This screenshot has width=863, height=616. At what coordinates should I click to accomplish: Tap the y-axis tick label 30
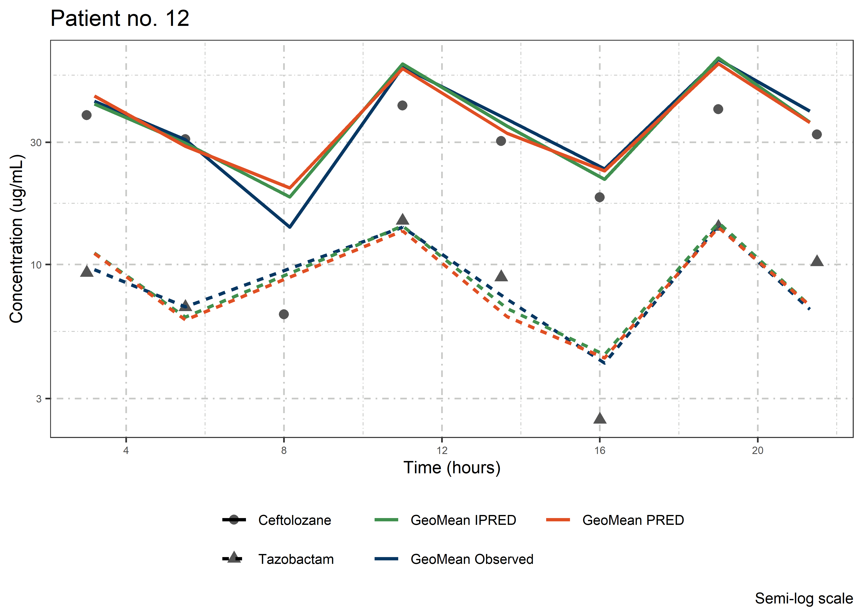36,143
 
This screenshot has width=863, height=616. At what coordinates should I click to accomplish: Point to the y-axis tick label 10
36,265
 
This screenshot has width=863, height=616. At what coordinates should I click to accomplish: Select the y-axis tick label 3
39,399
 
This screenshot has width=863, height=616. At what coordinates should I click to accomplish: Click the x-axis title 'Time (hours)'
452,468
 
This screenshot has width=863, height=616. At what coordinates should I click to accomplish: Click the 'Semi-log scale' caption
804,599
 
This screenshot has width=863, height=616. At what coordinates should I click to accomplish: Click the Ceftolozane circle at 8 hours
284,314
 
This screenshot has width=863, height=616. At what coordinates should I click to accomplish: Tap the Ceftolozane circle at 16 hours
600,197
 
